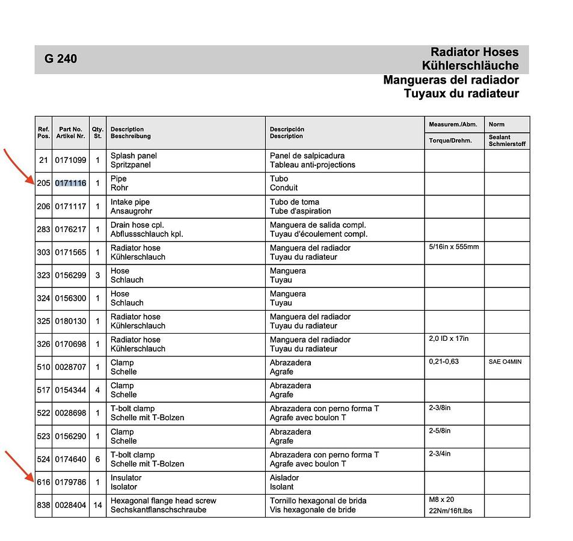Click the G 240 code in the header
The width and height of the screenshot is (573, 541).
pyautogui.click(x=61, y=59)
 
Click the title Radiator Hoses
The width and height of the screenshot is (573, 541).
pyautogui.click(x=474, y=52)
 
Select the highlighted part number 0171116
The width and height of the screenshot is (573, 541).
pyautogui.click(x=70, y=183)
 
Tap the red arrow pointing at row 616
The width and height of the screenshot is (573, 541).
pyautogui.click(x=20, y=466)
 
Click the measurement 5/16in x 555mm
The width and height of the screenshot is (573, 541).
pyautogui.click(x=454, y=247)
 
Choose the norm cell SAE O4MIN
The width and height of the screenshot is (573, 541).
pyautogui.click(x=505, y=362)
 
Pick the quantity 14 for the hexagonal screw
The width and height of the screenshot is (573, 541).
pyautogui.click(x=97, y=506)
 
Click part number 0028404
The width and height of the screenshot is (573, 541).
pyautogui.click(x=70, y=506)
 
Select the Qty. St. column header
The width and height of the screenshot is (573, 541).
pyautogui.click(x=97, y=132)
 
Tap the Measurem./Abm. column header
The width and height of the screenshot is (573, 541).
pyautogui.click(x=453, y=124)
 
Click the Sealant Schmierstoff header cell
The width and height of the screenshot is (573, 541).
pyautogui.click(x=507, y=141)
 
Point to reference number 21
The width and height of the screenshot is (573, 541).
pyautogui.click(x=43, y=160)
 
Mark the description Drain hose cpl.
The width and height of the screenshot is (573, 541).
pyautogui.click(x=138, y=225)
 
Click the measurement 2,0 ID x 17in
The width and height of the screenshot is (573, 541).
pyautogui.click(x=449, y=339)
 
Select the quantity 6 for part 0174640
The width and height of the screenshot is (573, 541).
pyautogui.click(x=97, y=459)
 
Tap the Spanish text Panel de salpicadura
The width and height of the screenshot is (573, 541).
pyautogui.click(x=307, y=156)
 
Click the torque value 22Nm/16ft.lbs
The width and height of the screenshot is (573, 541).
pyautogui.click(x=450, y=511)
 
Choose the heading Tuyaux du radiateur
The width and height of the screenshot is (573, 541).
pyautogui.click(x=461, y=93)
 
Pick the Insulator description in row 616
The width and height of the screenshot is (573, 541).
pyautogui.click(x=126, y=478)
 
